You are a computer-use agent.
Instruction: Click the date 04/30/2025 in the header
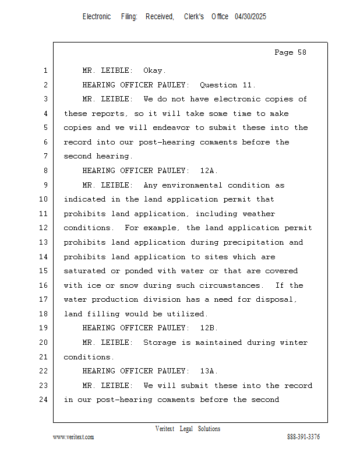click(x=250, y=17)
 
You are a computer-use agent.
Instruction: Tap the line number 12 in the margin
click(x=43, y=228)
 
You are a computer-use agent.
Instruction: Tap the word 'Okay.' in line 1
click(x=155, y=70)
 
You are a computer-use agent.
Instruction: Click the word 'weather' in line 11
click(x=259, y=214)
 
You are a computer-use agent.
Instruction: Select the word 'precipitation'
click(x=253, y=242)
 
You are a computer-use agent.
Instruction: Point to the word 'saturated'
click(x=84, y=271)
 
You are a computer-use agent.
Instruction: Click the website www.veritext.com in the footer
click(x=73, y=437)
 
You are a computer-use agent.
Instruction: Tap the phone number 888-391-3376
click(x=303, y=437)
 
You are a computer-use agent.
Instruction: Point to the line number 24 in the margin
click(x=43, y=400)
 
